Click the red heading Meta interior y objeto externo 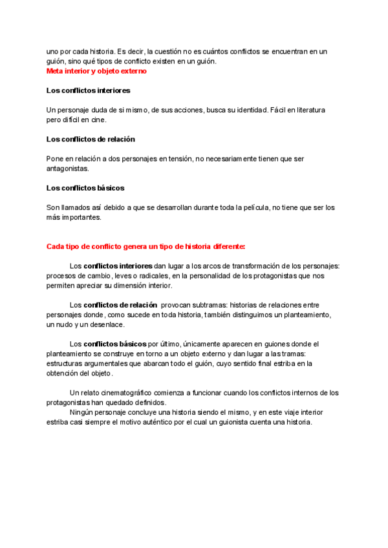click(96, 70)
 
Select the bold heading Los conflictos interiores click(88, 90)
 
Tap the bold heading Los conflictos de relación click(91, 139)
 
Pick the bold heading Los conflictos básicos click(85, 187)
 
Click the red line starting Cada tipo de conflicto click(145, 247)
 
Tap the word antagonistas click(67, 168)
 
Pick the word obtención click(62, 374)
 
